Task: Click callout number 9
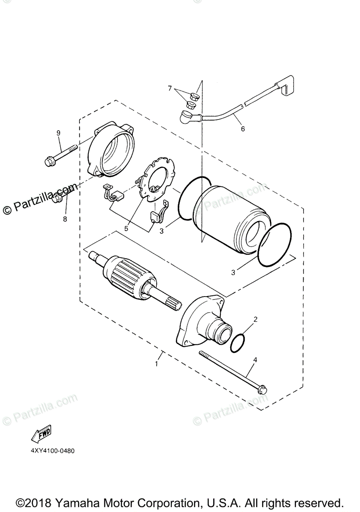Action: click(59, 133)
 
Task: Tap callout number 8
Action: click(65, 219)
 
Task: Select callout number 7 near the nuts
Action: click(170, 88)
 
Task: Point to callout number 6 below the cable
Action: click(243, 128)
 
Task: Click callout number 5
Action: click(126, 228)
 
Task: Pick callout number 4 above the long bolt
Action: click(255, 360)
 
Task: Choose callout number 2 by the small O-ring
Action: click(255, 319)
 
